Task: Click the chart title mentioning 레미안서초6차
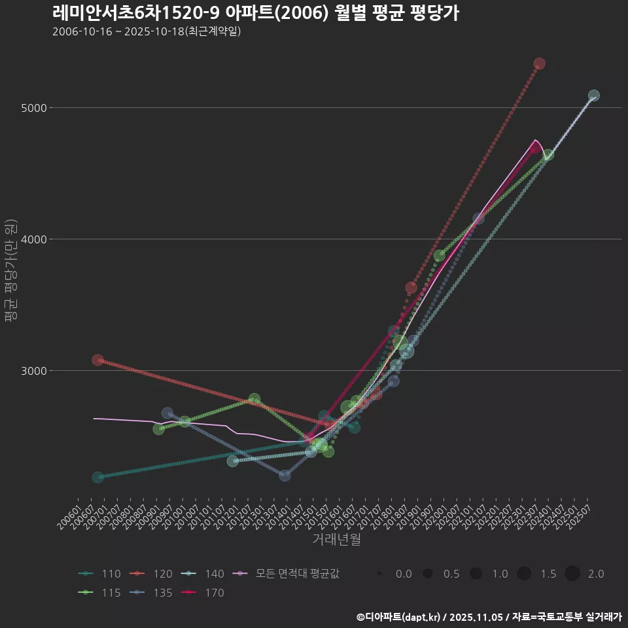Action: pos(255,13)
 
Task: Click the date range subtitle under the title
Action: pos(147,31)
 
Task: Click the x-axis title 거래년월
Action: pos(336,539)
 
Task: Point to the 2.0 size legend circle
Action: pos(572,574)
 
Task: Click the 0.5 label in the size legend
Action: pos(451,574)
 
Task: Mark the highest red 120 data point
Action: pos(539,63)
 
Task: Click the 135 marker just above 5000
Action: pos(593,96)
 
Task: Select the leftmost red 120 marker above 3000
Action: pos(97,360)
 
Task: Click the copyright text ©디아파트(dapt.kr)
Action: pos(400,617)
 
